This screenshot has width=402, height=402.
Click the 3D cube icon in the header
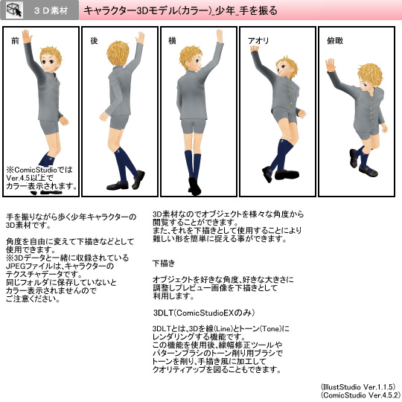14,10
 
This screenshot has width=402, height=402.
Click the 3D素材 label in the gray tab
51,10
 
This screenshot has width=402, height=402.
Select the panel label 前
16,40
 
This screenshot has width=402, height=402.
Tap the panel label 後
94,40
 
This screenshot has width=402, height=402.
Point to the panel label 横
172,40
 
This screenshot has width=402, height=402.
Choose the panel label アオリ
258,41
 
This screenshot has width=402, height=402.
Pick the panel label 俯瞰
335,40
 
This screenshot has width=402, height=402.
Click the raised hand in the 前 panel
27,36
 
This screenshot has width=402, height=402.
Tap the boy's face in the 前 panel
48,63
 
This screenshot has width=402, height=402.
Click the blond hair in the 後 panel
118,53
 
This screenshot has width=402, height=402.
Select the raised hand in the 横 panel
219,36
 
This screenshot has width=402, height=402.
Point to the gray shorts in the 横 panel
194,126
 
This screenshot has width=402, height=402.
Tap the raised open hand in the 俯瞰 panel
331,65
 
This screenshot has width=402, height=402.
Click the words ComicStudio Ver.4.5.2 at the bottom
360,395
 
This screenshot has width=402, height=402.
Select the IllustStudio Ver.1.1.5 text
358,386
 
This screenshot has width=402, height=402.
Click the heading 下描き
164,263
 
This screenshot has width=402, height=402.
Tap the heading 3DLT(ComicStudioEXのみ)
204,313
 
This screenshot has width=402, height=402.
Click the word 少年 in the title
225,10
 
